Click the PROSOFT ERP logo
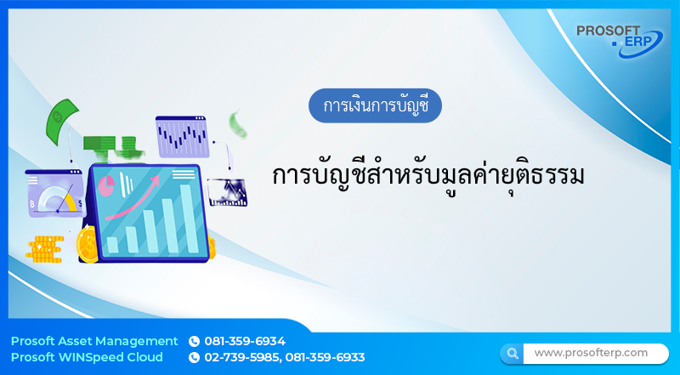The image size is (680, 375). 619,39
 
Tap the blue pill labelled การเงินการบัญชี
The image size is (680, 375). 375,106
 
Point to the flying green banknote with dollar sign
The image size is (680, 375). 63,121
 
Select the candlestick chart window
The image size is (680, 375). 182,136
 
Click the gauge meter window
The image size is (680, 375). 54,193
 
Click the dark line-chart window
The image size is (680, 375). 227,190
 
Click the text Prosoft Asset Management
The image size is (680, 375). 94,341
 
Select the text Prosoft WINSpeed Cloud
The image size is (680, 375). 87,357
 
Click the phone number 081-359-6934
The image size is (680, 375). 245,341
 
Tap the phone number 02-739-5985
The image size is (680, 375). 241,357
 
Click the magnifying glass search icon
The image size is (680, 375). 512,353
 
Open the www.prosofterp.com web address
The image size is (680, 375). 590,353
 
